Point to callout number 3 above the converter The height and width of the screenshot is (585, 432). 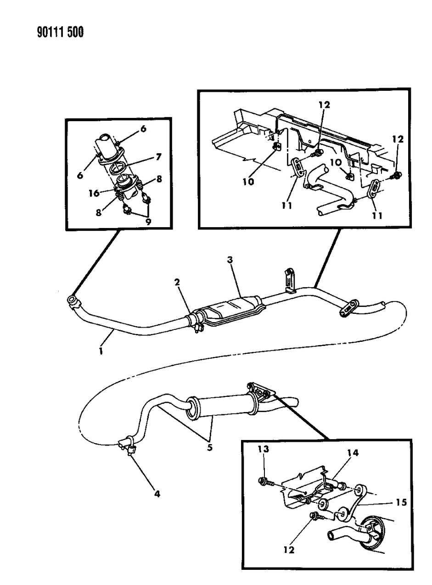(230, 260)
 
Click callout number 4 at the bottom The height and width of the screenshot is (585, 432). (157, 494)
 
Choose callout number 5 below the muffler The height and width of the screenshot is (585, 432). (209, 447)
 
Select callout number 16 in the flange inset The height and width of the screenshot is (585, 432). (94, 194)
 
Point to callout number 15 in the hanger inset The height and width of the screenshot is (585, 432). (401, 503)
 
